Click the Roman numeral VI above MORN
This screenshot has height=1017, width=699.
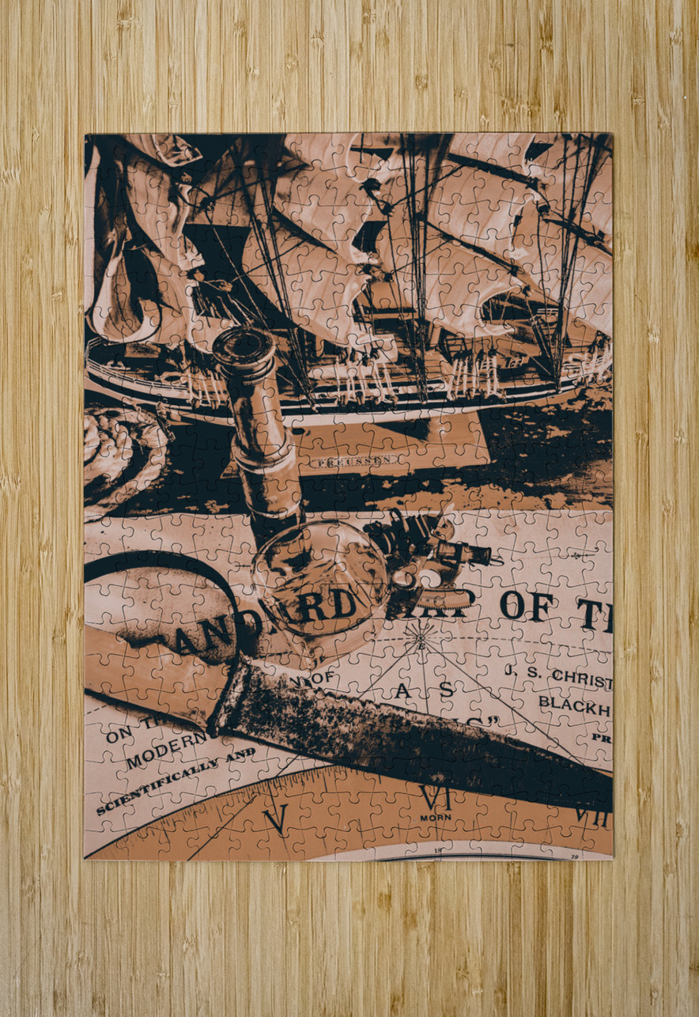click(434, 796)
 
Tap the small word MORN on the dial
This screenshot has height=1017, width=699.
click(434, 817)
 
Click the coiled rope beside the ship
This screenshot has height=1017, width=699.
click(119, 455)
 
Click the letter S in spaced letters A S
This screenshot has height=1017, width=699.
click(447, 689)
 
